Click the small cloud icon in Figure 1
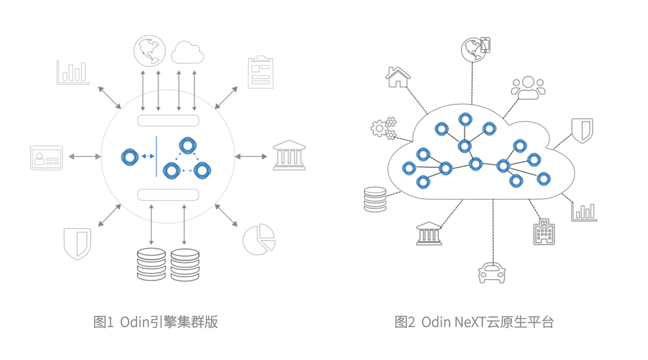(x=187, y=53)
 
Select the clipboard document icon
(x=261, y=72)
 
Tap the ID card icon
(x=46, y=158)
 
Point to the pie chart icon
(x=259, y=239)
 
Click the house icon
(x=397, y=77)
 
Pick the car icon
(x=492, y=273)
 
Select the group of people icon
(x=528, y=87)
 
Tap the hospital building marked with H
(x=544, y=232)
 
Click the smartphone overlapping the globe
(x=485, y=45)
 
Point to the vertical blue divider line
(x=156, y=156)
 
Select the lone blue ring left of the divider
(x=130, y=157)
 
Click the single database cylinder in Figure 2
(x=375, y=199)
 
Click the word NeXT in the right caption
(x=470, y=322)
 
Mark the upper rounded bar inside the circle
(x=168, y=121)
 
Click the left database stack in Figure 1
(x=151, y=264)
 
